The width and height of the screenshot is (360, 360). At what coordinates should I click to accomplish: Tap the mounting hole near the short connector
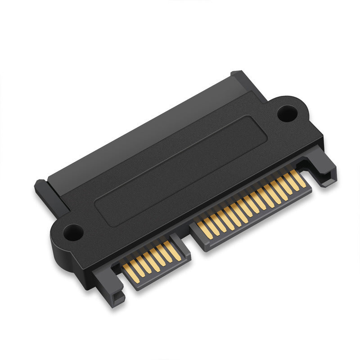[x=72, y=233]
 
